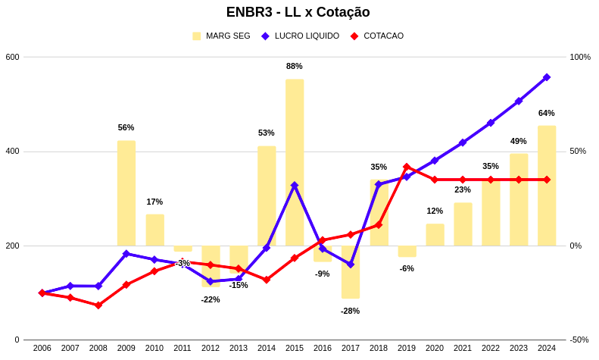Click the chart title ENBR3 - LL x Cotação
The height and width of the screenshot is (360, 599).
click(298, 12)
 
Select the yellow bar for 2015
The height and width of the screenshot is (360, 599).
click(295, 162)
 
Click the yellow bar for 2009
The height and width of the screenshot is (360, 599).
click(126, 193)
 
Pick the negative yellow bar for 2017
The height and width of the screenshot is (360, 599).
click(351, 272)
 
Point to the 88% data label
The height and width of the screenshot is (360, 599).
click(295, 66)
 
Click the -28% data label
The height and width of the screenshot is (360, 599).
click(350, 311)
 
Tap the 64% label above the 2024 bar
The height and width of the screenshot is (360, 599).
click(547, 113)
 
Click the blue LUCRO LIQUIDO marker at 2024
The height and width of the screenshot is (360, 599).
click(547, 77)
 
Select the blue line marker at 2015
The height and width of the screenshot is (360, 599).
click(295, 185)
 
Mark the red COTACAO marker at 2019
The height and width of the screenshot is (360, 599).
click(407, 167)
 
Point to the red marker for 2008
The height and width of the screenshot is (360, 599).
click(98, 305)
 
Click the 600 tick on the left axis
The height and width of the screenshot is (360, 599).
click(12, 57)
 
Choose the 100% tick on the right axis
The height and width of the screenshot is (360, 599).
click(580, 57)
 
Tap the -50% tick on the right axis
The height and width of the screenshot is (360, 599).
click(579, 340)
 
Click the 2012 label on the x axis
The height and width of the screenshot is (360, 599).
click(211, 348)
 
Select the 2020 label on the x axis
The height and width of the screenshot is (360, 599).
click(435, 348)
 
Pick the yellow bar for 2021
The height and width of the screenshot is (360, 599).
click(463, 224)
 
